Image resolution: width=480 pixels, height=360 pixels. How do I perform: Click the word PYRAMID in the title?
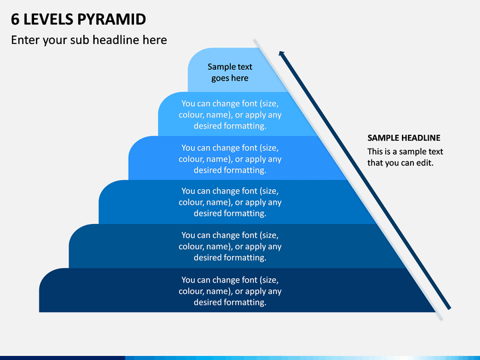pos(111,19)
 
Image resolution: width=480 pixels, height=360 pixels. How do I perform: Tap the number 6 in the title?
pos(15,19)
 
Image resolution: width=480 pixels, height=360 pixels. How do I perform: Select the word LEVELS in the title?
pos(49,19)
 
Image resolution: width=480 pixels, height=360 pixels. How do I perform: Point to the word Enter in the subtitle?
pos(25,40)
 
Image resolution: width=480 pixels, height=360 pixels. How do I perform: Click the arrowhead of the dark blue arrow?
pos(282,54)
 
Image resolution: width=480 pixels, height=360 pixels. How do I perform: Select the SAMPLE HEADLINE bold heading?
pos(404,138)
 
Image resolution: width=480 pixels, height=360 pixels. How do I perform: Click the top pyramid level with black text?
pos(234,70)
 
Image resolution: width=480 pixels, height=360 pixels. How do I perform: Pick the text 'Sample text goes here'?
pos(230,73)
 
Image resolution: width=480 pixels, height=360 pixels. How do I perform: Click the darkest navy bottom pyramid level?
pos(237,290)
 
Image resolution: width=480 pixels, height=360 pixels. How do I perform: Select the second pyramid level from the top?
pos(236,114)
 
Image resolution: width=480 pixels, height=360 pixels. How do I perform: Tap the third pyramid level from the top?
pos(236,158)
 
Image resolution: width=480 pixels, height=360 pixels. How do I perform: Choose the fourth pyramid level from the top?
pos(236,202)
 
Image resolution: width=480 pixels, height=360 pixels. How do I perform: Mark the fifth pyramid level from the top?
pos(236,246)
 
